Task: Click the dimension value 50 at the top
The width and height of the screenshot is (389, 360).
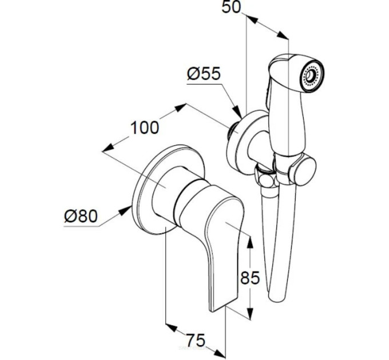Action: click(x=231, y=7)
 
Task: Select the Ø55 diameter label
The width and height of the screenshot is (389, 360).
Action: click(x=204, y=74)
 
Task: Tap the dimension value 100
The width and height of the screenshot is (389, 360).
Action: click(x=145, y=127)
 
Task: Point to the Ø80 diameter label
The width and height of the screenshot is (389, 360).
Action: click(x=81, y=216)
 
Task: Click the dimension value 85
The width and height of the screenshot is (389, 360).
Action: click(x=250, y=278)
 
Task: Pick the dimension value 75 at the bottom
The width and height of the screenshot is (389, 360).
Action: click(x=196, y=340)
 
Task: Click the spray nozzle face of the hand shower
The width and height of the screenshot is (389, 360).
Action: click(x=312, y=75)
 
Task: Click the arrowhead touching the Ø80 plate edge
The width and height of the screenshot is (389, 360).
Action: click(x=125, y=211)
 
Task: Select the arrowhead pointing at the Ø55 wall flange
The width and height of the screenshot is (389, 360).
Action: click(x=237, y=111)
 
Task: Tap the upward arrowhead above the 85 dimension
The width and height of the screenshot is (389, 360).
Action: click(x=251, y=242)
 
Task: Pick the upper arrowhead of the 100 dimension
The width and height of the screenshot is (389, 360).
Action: click(x=180, y=108)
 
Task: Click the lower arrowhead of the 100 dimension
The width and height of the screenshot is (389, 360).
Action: click(x=108, y=147)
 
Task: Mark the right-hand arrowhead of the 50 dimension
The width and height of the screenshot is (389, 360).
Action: click(x=283, y=35)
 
